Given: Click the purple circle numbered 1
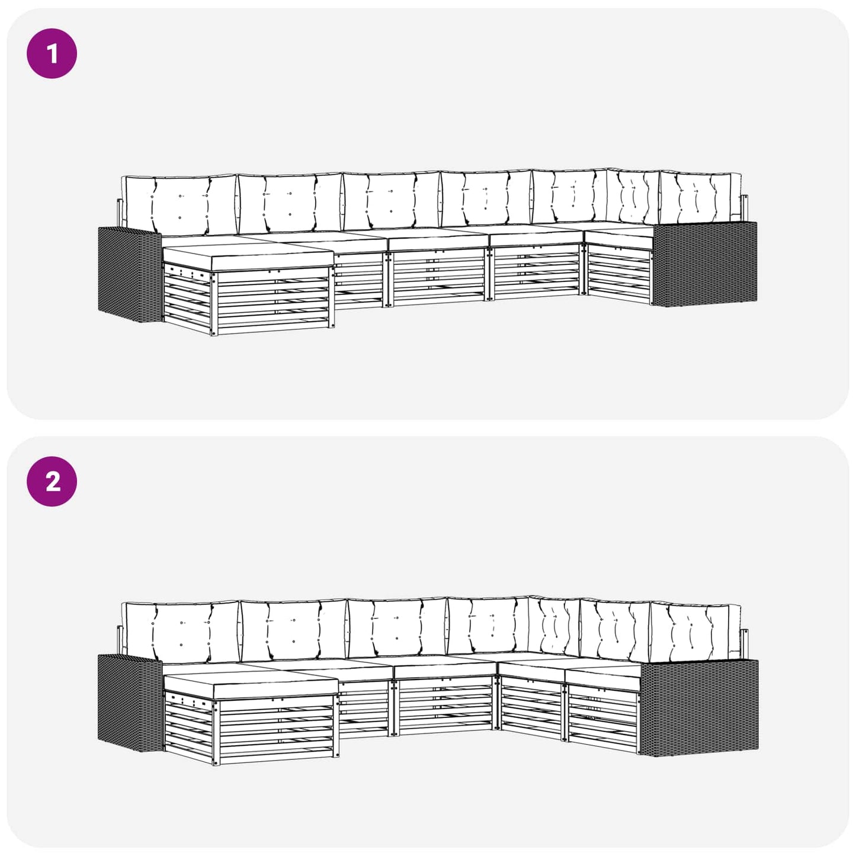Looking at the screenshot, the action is click(x=52, y=53).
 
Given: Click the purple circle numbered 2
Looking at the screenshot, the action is click(x=52, y=482).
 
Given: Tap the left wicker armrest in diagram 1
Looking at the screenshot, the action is click(x=130, y=274).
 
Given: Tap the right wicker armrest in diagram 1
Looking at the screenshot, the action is click(x=705, y=264).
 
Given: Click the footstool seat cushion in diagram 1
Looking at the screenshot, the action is click(x=249, y=258).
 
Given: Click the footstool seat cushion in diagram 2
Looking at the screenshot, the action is click(x=252, y=687).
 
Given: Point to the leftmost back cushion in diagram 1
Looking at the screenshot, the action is click(x=180, y=205).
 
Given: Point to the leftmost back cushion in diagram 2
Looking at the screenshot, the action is click(x=181, y=631).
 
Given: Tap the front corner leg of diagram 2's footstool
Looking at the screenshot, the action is click(x=216, y=733).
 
